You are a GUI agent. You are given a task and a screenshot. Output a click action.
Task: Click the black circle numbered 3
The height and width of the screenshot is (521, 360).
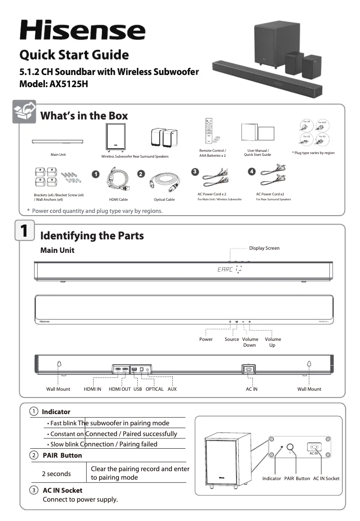coord(194,172)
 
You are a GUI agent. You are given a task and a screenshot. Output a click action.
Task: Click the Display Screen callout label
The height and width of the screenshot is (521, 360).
coord(264,248)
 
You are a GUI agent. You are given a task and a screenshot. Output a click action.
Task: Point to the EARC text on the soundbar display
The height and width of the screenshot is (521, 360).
coord(224,270)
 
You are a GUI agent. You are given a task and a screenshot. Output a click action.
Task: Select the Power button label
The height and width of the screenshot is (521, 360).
coord(206,339)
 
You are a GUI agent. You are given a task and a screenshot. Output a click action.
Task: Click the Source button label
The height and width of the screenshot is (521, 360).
coord(232,339)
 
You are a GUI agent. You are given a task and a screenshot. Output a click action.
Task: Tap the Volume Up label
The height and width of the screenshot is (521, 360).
coord(272,342)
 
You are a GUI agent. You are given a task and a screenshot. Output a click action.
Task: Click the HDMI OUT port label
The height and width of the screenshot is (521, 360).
coord(120,389)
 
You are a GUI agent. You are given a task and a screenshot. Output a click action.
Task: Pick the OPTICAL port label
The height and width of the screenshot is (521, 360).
coord(155,389)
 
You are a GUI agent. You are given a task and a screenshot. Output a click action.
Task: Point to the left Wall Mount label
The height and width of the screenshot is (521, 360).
coord(58,389)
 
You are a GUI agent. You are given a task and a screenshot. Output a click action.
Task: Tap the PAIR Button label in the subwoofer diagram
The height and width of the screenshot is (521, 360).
coord(297,478)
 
